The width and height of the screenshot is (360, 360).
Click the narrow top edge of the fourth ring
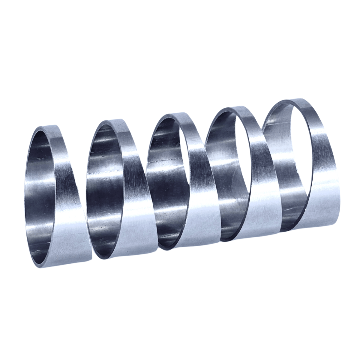pyautogui.click(x=237, y=109)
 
